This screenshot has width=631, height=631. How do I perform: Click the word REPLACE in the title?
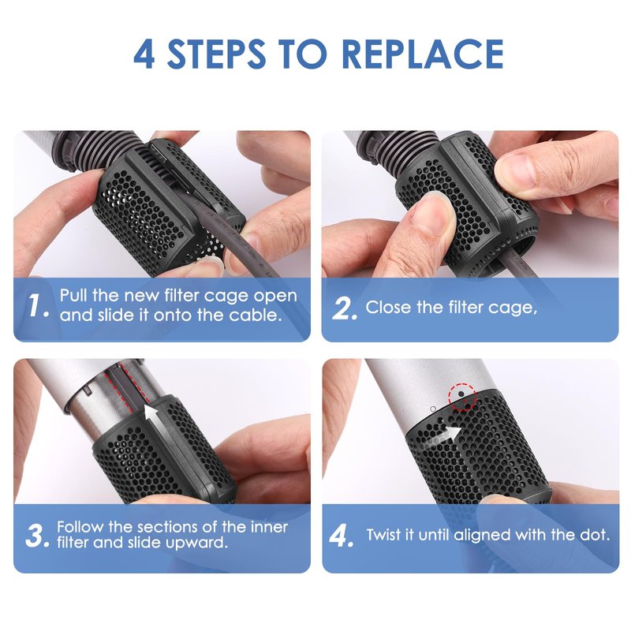pos(423,54)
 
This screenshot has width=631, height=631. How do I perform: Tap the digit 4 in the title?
pos(144,54)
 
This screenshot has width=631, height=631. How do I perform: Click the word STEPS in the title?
pos(216,54)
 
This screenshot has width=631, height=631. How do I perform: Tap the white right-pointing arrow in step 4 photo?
pos(442,436)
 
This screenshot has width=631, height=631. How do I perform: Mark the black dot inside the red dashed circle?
pos(461,394)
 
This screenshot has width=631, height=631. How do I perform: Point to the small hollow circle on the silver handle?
pos(433,409)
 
